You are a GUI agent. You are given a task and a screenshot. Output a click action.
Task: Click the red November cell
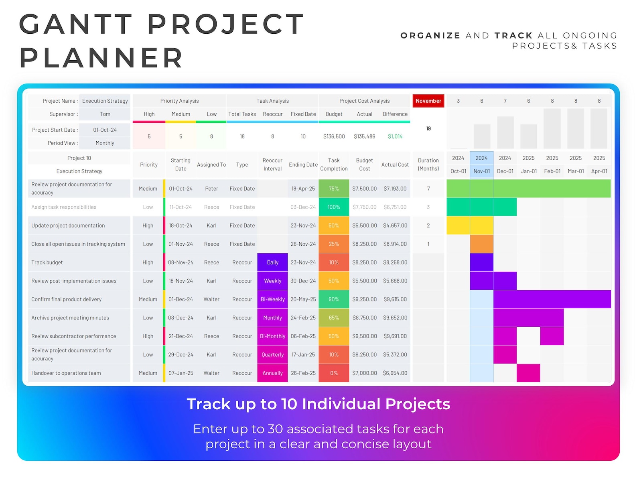pos(428,101)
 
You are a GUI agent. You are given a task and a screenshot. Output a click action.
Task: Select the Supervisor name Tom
pos(105,114)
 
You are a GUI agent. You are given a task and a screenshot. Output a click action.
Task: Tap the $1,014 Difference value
pos(395,136)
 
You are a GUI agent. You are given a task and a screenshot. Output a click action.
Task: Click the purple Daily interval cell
pos(272,262)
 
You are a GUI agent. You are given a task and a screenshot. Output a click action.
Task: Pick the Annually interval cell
pos(272,373)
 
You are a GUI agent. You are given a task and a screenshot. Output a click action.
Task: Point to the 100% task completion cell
pos(334,207)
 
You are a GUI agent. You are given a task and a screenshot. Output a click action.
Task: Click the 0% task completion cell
pos(334,373)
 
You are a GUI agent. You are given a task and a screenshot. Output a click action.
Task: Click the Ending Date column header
pos(303,165)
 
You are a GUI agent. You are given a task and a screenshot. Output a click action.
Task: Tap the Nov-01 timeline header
pos(481,171)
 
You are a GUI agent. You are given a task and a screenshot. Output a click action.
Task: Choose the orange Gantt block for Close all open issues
pos(481,244)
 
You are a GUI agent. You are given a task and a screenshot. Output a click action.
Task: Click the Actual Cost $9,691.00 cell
pos(395,336)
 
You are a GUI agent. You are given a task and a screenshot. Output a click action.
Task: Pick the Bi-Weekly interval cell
pos(272,299)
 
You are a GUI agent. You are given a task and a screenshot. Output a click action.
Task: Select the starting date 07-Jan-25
pos(181,373)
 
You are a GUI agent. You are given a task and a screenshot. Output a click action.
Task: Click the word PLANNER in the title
pos(101,58)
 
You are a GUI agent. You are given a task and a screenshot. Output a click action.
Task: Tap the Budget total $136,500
pos(334,136)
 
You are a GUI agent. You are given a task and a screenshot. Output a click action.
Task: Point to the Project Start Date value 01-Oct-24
pos(105,130)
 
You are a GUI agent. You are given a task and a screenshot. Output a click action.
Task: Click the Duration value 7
pos(428,189)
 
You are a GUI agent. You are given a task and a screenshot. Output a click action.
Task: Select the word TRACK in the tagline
pos(513,36)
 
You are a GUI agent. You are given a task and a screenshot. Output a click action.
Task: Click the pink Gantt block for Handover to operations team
pos(528,373)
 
